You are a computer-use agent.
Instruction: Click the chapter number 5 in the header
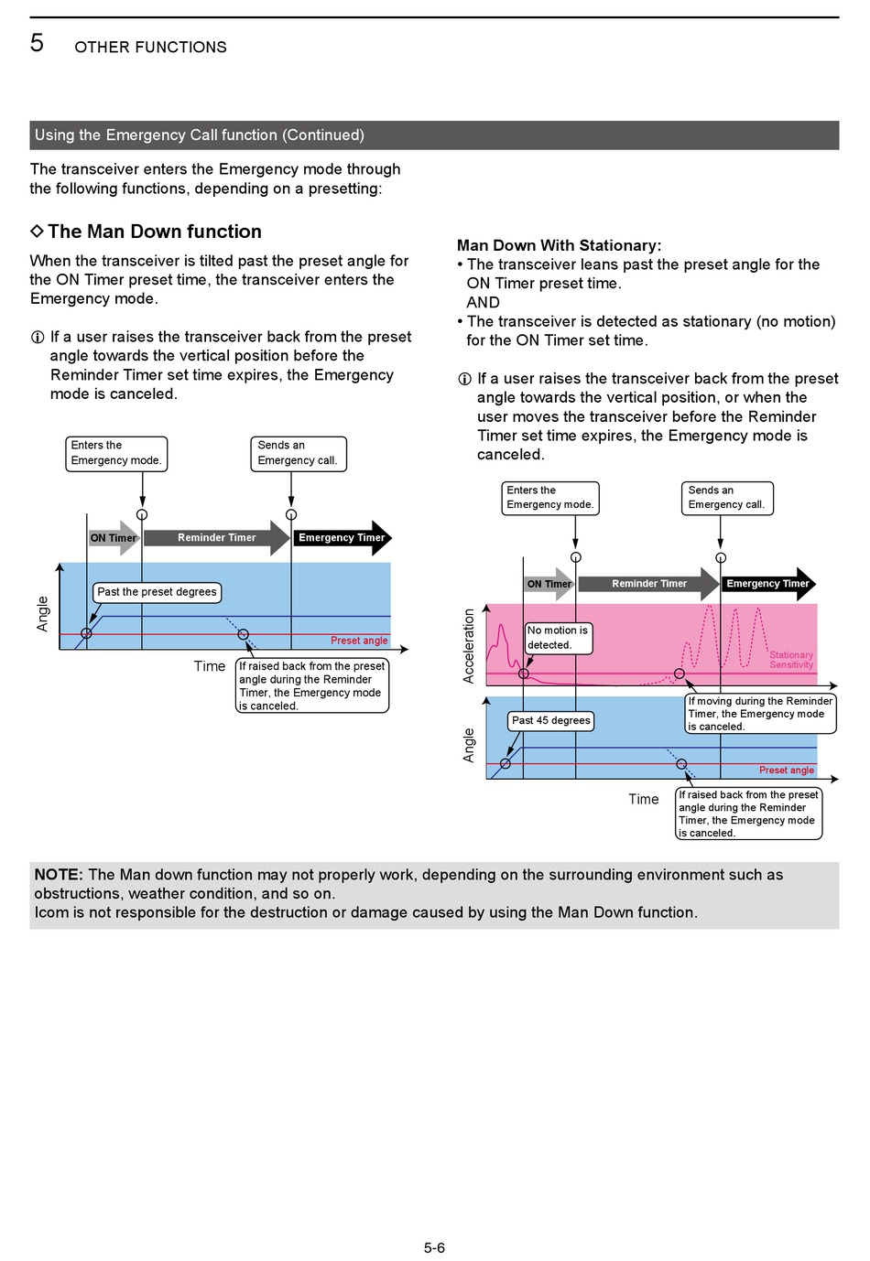coord(37,43)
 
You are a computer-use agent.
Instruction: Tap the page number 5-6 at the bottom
coord(434,1247)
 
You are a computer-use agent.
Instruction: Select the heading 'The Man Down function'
coord(155,232)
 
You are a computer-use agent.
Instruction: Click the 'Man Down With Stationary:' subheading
coord(559,245)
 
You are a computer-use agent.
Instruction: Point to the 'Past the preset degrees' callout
coord(157,592)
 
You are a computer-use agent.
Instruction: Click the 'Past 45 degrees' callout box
coord(550,720)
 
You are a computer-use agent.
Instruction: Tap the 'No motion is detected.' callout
coord(558,638)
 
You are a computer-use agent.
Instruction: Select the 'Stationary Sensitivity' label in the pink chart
coord(791,660)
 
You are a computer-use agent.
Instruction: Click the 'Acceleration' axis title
coord(468,646)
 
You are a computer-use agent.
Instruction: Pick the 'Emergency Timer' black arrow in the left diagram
coord(342,537)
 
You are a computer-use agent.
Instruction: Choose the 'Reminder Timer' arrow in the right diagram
coord(648,584)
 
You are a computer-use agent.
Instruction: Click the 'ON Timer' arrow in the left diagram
coord(114,537)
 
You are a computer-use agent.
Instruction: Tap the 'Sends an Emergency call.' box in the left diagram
coord(298,454)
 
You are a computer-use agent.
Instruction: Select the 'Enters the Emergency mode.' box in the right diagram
coord(550,498)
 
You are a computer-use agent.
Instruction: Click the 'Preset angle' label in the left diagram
coord(359,641)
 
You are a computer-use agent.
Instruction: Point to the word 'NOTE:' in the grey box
coord(59,874)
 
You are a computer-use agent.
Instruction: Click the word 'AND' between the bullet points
coord(483,302)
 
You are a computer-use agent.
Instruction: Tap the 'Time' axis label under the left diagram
coord(210,666)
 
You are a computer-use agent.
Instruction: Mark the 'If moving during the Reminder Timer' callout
coord(760,714)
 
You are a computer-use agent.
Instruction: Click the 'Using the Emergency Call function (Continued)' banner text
coord(200,135)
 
